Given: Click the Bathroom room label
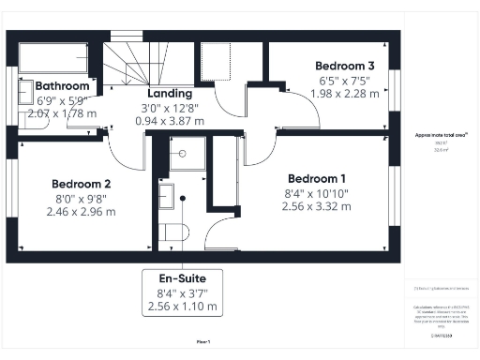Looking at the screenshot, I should pyautogui.click(x=62, y=86).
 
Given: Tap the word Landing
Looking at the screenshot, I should pyautogui.click(x=170, y=94).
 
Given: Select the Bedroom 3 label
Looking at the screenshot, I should pyautogui.click(x=345, y=66).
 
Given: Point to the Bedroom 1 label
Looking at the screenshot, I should pyautogui.click(x=317, y=179).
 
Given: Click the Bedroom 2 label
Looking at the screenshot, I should pyautogui.click(x=82, y=185).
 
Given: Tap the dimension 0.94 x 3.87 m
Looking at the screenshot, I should pyautogui.click(x=170, y=121).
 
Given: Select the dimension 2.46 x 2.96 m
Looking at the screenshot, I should pyautogui.click(x=81, y=212).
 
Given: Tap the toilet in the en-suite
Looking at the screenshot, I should pyautogui.click(x=172, y=232).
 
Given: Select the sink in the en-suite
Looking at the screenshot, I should pyautogui.click(x=166, y=195).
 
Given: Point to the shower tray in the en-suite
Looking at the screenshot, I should pyautogui.click(x=187, y=153).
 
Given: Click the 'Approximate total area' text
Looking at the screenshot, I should pyautogui.click(x=435, y=136).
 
